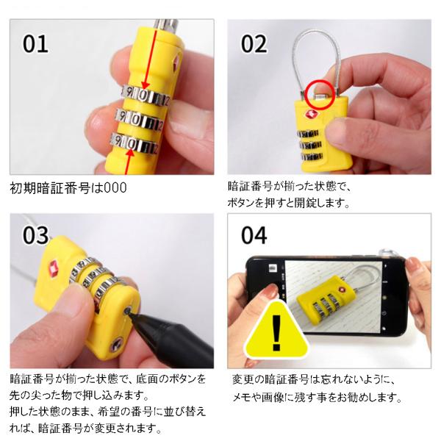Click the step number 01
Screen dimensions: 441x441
click(35, 44)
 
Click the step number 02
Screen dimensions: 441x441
click(254, 44)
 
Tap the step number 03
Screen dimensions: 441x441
click(36, 235)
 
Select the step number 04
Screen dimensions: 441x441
click(254, 235)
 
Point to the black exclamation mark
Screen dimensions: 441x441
click(277, 333)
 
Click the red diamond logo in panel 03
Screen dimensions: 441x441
click(54, 268)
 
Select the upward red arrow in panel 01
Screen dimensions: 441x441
click(128, 162)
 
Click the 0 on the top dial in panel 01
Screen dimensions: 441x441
click(144, 96)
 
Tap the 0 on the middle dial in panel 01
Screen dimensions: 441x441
click(136, 121)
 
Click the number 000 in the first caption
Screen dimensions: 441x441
click(115, 188)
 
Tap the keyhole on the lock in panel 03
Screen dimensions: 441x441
click(116, 345)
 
